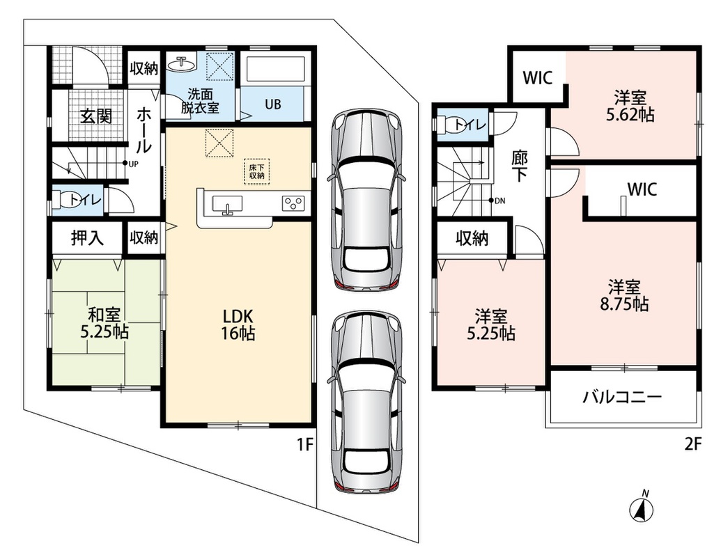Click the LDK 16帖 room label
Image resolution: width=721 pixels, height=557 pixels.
click(238, 324)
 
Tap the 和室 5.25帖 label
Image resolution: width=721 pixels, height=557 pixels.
click(104, 323)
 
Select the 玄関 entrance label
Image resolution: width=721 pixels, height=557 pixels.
click(96, 116)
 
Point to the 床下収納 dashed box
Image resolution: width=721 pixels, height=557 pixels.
click(256, 171)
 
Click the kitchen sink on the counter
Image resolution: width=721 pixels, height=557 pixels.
click(227, 204)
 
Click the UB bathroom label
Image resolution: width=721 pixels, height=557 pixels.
click(272, 104)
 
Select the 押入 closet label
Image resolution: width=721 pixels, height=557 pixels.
click(87, 237)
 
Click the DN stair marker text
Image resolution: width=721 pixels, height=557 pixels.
click(499, 201)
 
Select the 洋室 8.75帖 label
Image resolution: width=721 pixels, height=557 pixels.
click(624, 295)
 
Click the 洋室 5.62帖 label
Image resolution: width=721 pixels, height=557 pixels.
click(630, 106)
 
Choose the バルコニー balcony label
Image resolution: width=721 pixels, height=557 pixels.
click(622, 396)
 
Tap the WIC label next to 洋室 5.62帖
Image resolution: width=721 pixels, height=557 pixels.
click(538, 78)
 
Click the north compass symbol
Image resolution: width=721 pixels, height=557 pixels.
click(642, 506)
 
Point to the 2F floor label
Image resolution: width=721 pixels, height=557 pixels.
click(693, 444)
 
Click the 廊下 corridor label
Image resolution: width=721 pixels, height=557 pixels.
click(519, 166)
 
